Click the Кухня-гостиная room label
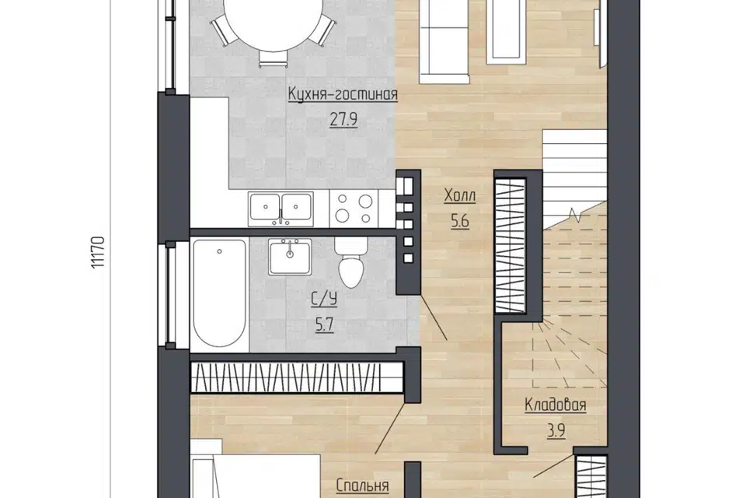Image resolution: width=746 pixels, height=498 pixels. pos(343,94)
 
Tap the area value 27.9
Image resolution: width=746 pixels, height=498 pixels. pos(343,119)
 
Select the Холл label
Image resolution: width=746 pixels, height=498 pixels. pos(459,195)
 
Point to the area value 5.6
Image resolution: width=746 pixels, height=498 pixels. pos(459,221)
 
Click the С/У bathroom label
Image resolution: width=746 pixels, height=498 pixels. pos(324,300)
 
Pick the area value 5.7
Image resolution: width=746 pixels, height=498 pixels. pos(324,325)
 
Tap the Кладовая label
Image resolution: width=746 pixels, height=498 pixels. pos(555,405)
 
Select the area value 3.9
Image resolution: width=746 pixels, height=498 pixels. pos(556,431)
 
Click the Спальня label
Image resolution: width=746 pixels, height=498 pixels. pos(362,486)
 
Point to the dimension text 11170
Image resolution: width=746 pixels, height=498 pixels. pos(98,251)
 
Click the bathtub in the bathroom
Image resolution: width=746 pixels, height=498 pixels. pos(219,293)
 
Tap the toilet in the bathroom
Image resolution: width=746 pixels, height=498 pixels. pos(350,261)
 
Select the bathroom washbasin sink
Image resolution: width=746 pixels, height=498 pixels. pos(290,257)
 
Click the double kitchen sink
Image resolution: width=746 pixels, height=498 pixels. pos(281,209)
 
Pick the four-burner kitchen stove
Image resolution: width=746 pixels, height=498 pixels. pos(354,209)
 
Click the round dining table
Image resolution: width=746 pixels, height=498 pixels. pos(272,22)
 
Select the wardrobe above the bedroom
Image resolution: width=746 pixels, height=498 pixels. pos(298,378)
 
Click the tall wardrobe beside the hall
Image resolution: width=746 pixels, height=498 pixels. pos(510,246)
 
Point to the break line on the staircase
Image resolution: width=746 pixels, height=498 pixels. pos(576,215)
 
